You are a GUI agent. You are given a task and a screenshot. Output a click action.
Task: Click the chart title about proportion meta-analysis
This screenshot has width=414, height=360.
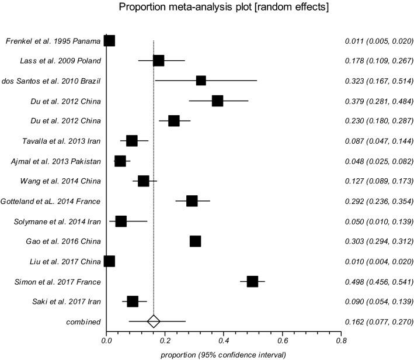pos(206,8)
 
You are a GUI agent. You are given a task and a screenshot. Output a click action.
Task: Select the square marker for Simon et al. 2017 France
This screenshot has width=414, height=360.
pos(252,282)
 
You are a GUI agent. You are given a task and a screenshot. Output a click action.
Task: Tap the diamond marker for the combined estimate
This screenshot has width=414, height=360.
pos(154,321)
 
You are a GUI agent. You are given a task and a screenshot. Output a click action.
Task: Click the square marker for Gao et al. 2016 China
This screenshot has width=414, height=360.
pos(195,241)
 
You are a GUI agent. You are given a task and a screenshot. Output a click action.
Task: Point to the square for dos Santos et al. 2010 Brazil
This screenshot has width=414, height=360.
pos(201,81)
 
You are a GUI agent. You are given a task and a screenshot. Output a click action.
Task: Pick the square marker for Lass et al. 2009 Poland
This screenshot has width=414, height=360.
pos(158,61)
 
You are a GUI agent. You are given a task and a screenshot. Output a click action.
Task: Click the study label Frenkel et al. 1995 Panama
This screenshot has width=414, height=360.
pos(53,41)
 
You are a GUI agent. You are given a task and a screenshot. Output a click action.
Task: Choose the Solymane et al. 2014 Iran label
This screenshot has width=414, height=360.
pos(57,221)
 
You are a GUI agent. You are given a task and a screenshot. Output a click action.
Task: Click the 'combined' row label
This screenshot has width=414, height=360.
pos(83,322)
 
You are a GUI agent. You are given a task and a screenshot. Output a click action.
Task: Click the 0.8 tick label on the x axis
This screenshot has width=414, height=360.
pos(341,339)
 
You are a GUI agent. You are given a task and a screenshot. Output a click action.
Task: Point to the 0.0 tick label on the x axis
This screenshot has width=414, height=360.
pos(106,339)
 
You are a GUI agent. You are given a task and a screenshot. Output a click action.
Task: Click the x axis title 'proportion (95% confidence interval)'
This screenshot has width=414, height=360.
pos(223,354)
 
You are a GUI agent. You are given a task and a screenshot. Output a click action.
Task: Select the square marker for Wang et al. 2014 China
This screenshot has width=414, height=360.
pos(143,181)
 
